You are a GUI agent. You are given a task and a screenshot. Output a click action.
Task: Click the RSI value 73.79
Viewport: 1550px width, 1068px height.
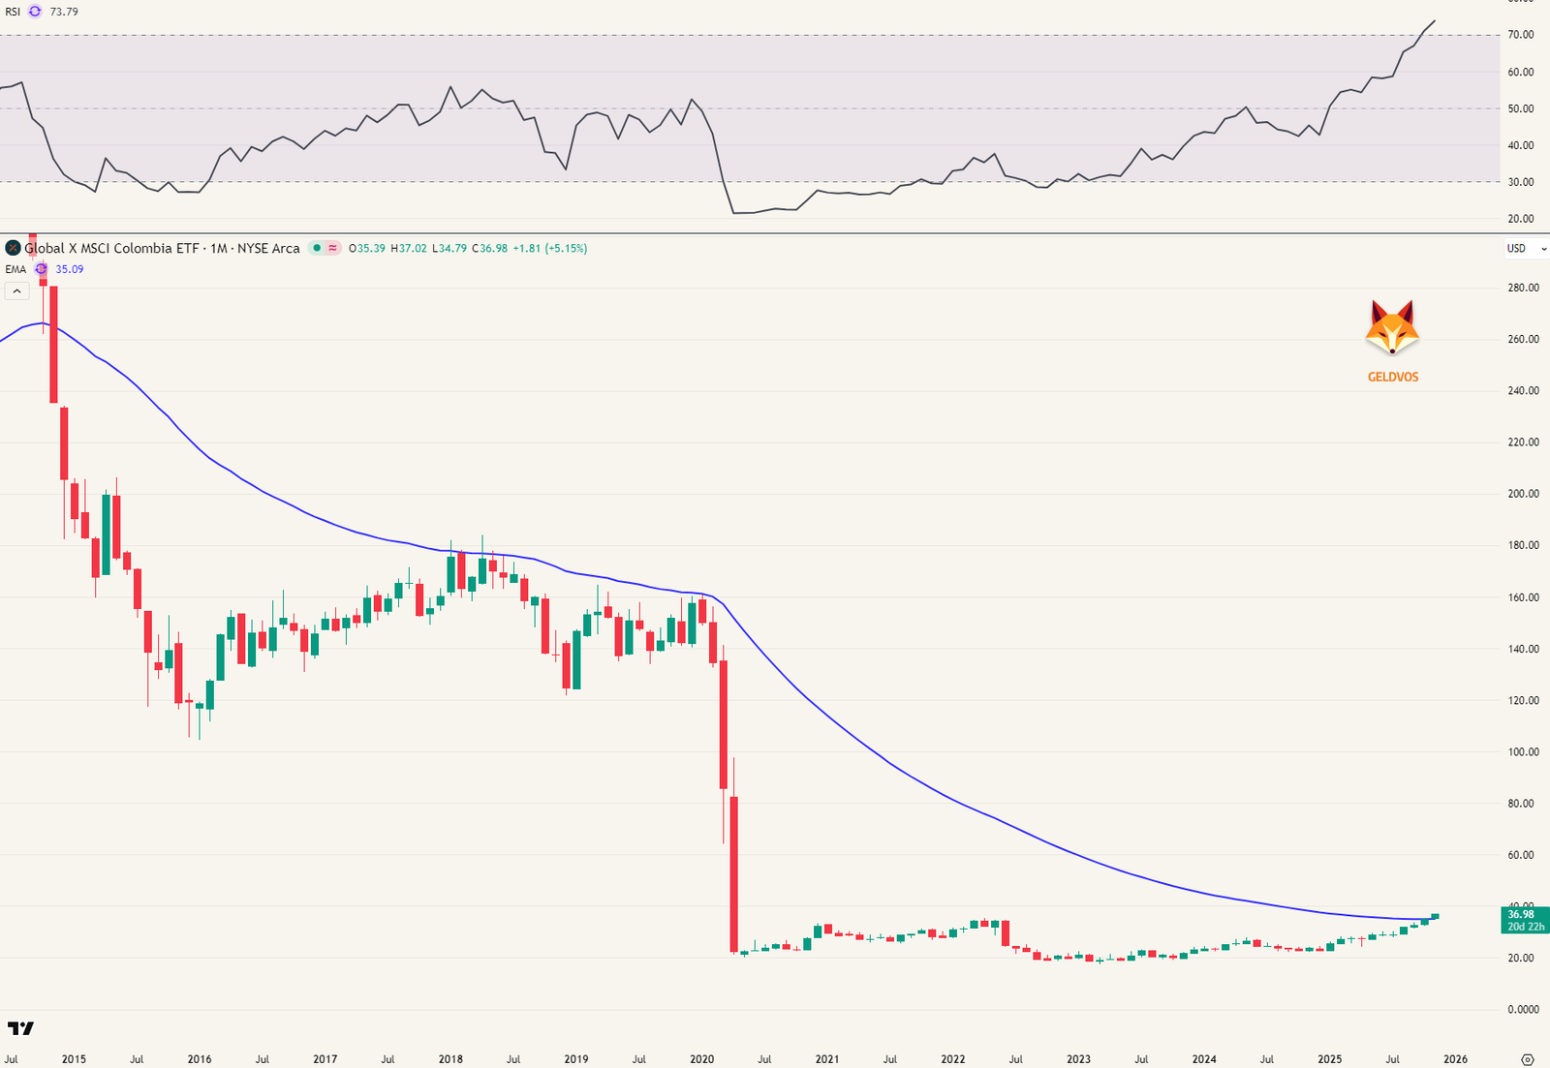(64, 12)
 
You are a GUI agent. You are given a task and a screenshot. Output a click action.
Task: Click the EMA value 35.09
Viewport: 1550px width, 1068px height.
(70, 269)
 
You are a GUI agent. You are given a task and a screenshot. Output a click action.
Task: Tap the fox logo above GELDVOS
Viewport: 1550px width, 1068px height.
(1392, 328)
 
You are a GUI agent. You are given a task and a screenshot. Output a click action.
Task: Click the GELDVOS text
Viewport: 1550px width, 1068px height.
(1392, 377)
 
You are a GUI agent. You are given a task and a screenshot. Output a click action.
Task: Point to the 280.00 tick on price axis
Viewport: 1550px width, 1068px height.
(1523, 288)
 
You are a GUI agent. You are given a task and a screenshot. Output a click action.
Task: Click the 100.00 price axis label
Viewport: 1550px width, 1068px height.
(1523, 751)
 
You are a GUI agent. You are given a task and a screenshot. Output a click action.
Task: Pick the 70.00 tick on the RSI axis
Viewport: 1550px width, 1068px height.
(1520, 35)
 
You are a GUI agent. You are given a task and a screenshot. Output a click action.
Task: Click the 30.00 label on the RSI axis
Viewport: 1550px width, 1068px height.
(1520, 182)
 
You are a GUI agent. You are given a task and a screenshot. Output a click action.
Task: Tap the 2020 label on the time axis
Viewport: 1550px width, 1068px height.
(701, 1059)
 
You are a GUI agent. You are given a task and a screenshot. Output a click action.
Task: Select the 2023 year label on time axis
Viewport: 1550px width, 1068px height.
(1078, 1059)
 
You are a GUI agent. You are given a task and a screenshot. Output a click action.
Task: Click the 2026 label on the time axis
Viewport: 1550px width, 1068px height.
(1455, 1059)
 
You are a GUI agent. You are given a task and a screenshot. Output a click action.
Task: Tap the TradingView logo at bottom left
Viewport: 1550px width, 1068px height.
(20, 1028)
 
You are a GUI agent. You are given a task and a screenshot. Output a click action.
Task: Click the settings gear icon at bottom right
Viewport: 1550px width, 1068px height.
(1528, 1059)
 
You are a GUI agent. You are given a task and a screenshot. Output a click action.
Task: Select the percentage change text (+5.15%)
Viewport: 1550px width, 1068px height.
(566, 249)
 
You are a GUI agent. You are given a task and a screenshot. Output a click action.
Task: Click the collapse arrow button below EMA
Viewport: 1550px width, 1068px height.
(16, 290)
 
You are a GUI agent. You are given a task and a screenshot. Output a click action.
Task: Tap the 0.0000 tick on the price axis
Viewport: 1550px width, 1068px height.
(1523, 1009)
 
